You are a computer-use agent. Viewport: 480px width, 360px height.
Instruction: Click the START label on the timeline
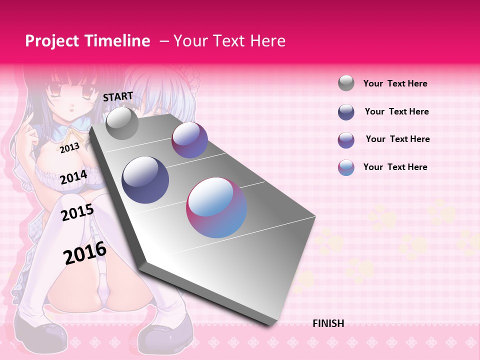coord(118,96)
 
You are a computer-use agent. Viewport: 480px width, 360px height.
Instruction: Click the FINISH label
coord(328,323)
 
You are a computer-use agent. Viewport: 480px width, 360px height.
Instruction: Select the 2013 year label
coord(69,147)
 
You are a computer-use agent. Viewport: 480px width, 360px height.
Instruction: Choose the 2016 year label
coord(85,252)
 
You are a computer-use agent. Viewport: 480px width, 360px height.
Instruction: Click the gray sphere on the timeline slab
coord(122,123)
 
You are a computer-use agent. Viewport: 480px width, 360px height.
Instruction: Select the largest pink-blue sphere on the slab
coord(216,207)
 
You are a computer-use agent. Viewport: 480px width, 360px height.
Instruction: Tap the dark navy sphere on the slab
coord(145,180)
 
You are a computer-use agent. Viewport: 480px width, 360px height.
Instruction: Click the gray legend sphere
coord(346,83)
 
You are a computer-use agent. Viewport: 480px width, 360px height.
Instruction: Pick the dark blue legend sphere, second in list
coord(346,112)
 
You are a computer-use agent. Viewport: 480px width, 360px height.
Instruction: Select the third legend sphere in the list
coord(346,140)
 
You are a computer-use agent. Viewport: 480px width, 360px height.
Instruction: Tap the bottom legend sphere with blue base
coord(346,167)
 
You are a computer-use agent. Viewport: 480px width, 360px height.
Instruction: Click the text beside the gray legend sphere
coord(395,83)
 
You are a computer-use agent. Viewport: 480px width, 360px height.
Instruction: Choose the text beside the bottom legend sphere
coord(395,167)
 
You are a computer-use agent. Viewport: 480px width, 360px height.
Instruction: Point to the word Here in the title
coord(267,41)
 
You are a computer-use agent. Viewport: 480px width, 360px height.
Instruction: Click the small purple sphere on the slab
coord(189,140)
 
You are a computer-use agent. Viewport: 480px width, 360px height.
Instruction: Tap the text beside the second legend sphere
coord(396,111)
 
